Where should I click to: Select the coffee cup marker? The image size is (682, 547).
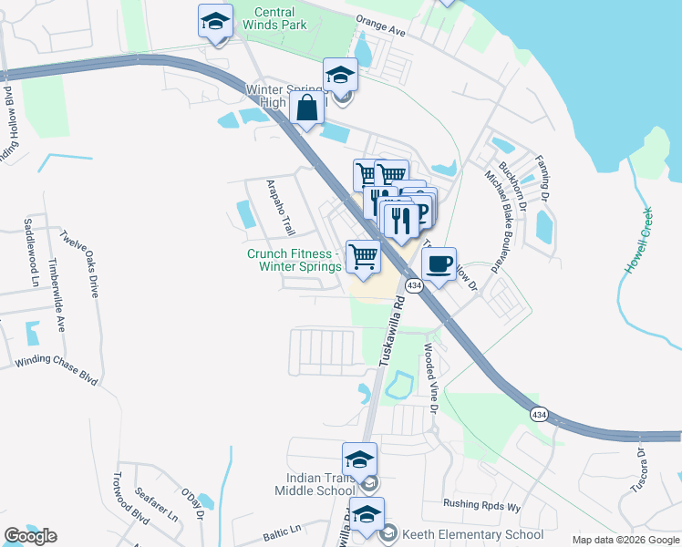click(x=439, y=264)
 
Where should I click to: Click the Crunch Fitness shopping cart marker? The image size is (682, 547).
click(x=363, y=257)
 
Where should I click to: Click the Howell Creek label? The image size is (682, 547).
click(x=638, y=242)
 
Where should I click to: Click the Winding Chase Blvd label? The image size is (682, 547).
click(x=56, y=369)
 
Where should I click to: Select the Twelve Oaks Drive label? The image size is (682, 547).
click(x=79, y=263)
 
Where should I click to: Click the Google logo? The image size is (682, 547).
click(x=30, y=535)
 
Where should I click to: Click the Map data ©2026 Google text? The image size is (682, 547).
click(x=625, y=540)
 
